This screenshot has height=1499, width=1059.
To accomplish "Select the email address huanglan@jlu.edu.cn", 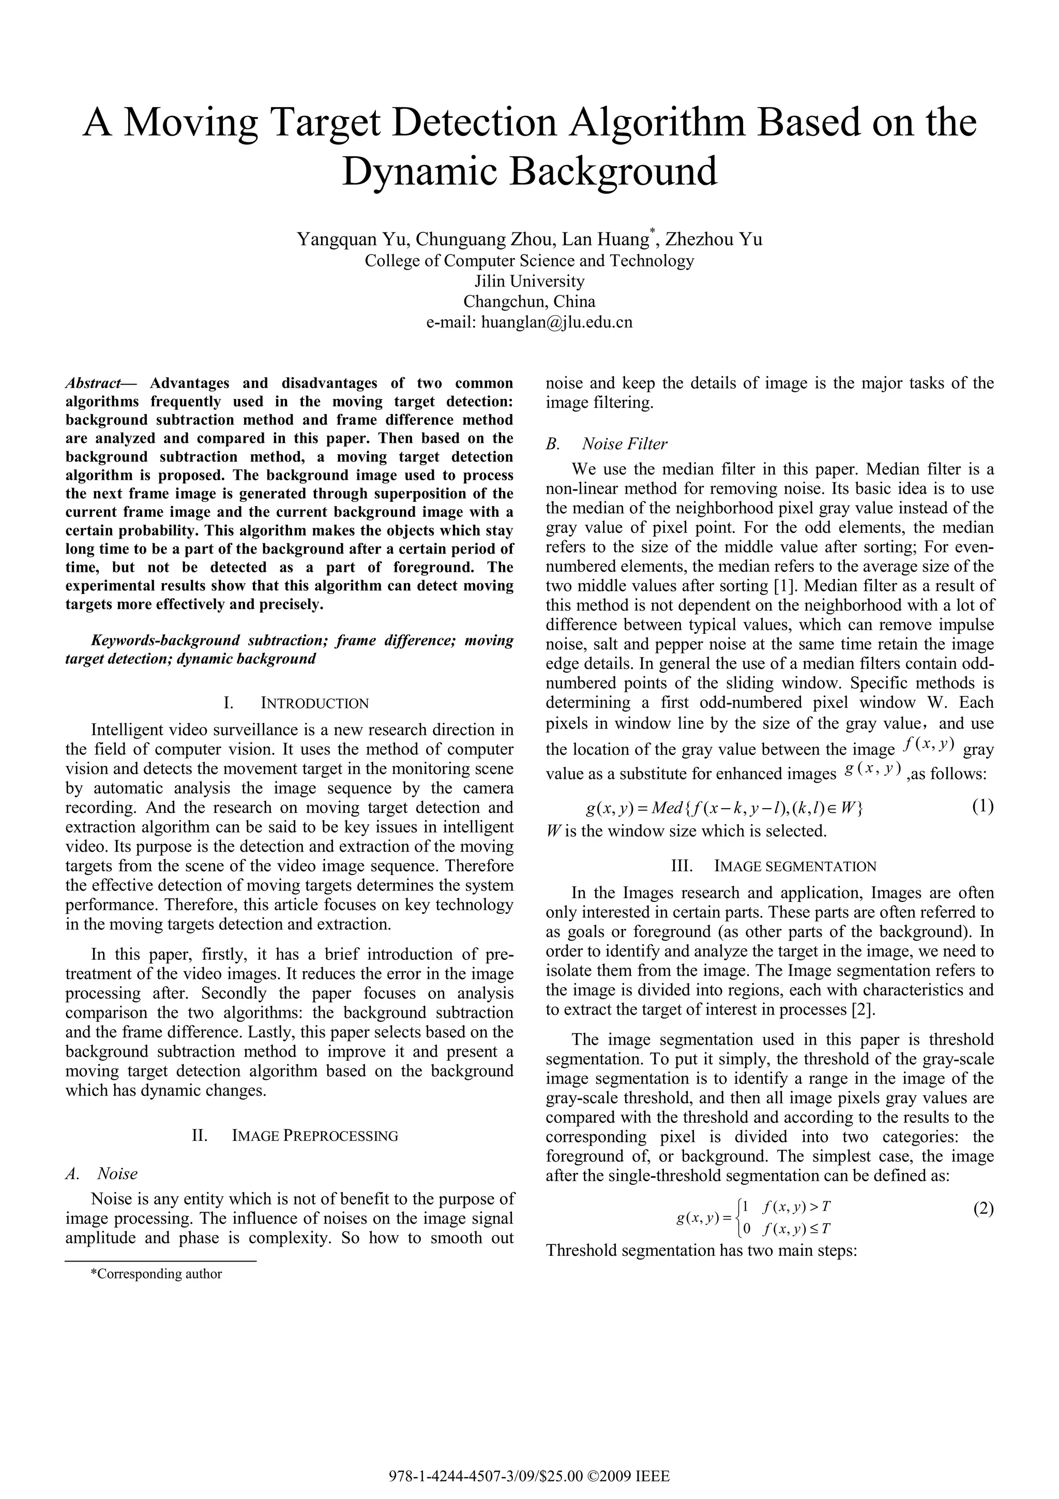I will coord(556,322).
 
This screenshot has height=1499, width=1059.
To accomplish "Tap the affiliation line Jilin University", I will coord(529,281).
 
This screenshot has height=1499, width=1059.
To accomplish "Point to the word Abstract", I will coord(93,383).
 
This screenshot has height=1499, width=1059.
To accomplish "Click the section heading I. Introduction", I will coord(296,703).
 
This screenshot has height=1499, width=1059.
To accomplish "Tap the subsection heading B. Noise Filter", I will coord(606,444).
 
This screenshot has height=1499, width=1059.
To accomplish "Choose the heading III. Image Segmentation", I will coord(774,866).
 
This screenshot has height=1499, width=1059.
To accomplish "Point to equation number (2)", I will coord(982,1209).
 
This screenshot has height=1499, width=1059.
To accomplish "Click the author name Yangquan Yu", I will coord(352,240).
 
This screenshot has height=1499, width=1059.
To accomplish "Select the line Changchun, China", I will coord(529,302).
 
